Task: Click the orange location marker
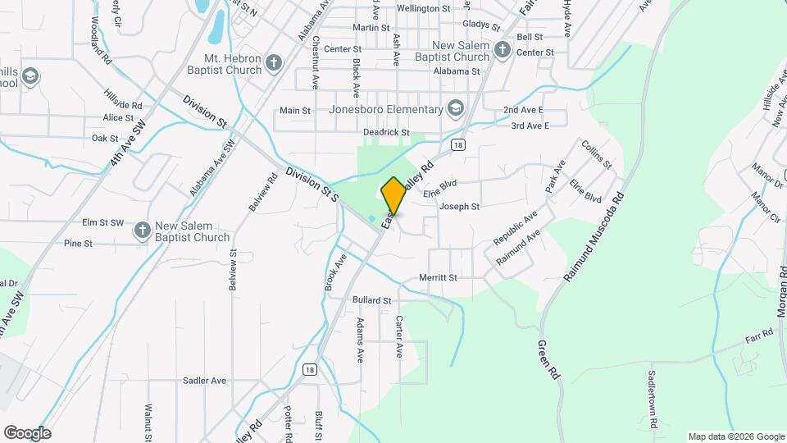point(393,195)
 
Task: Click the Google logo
point(27,433)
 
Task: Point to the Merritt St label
point(437,277)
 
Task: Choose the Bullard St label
point(371,301)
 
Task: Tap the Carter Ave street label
point(399,336)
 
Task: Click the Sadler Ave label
point(204,381)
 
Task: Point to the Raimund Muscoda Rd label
point(595,236)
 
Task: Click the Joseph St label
point(459,207)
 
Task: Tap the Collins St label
point(596,154)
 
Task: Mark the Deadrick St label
point(386,132)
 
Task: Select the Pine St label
point(78,244)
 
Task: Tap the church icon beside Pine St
point(142,231)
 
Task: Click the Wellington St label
point(423,8)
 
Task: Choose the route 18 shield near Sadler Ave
point(308,369)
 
